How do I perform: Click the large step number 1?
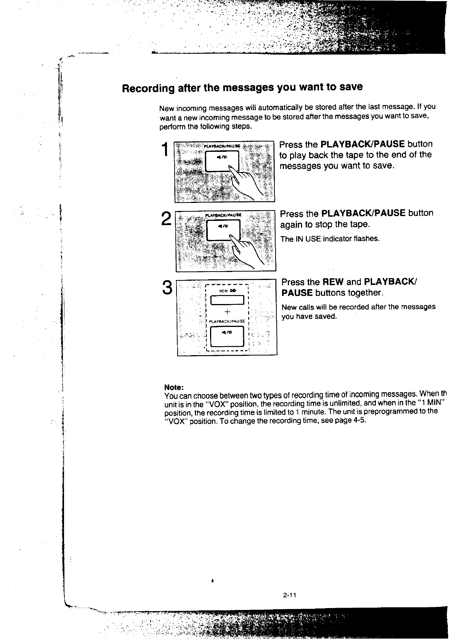click(164, 150)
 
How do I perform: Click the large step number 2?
click(166, 219)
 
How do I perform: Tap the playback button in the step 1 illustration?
click(221, 161)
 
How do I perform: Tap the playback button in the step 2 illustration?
click(223, 230)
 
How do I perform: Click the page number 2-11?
click(290, 595)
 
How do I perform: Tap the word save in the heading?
click(351, 87)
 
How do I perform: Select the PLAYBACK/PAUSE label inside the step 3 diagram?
click(227, 321)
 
